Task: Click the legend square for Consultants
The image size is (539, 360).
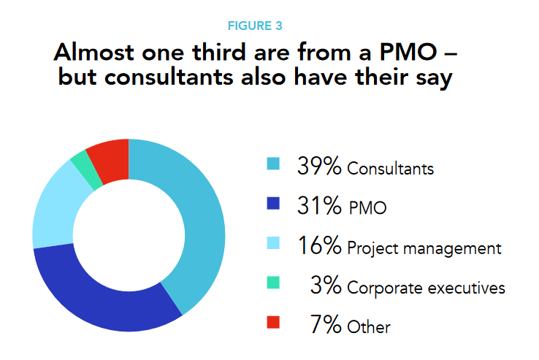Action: coord(274,165)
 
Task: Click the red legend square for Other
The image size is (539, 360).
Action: coord(274,323)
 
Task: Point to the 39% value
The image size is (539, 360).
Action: coord(319,166)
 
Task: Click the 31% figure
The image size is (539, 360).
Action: coord(319,207)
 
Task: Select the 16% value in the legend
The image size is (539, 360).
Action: coord(319,246)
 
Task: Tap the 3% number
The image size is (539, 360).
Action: coord(326,286)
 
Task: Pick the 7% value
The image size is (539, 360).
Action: coord(326,325)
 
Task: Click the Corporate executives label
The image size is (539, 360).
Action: coord(426,288)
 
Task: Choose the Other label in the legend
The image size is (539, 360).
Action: coord(369,327)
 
